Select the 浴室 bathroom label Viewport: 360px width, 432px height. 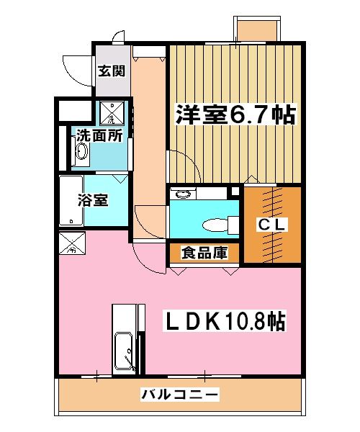[94, 199]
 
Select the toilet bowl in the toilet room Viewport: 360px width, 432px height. [216, 225]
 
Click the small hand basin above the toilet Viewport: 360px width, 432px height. [185, 193]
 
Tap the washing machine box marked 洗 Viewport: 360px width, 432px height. [111, 112]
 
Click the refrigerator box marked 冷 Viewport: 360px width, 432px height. [71, 243]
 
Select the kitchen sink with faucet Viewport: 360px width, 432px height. [125, 353]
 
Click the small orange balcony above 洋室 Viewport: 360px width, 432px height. [257, 28]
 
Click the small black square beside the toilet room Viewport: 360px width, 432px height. [233, 192]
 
